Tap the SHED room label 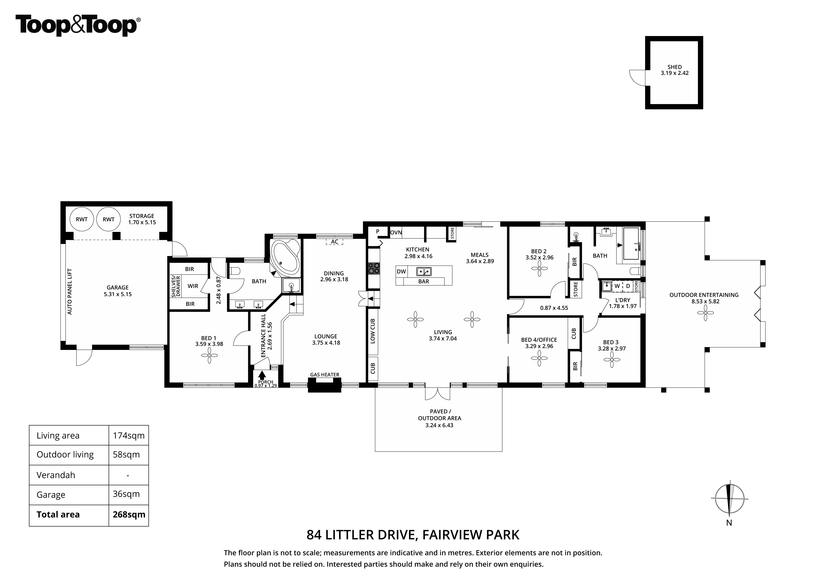[x=675, y=67]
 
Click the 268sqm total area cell [x=129, y=515]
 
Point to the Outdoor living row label [x=65, y=455]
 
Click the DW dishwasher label [x=401, y=272]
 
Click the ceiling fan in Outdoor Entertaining [x=705, y=313]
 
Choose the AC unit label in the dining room [x=335, y=242]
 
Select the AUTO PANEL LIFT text [x=70, y=292]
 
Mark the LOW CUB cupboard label [x=373, y=331]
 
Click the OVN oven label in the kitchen [x=396, y=232]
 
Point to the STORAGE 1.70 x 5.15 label [x=142, y=219]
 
